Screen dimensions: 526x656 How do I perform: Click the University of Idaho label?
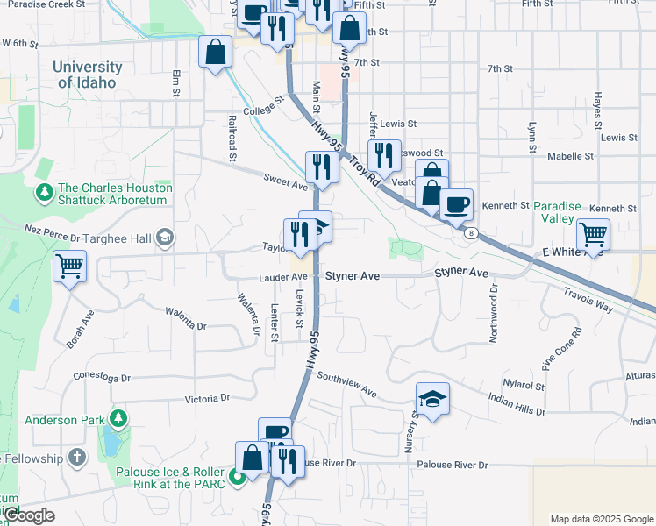pyautogui.click(x=87, y=75)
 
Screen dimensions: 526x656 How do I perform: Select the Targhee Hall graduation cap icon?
pyautogui.click(x=164, y=238)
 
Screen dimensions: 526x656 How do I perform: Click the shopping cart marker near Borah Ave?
pyautogui.click(x=69, y=266)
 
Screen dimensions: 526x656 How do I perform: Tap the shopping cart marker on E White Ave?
pyautogui.click(x=594, y=235)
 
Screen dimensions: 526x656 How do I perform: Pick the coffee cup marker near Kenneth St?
pyautogui.click(x=456, y=205)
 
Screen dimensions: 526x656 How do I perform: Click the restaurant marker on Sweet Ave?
pyautogui.click(x=322, y=167)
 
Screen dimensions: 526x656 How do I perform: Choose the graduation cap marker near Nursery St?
pyautogui.click(x=432, y=400)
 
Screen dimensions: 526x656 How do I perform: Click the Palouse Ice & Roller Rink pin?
pyautogui.click(x=236, y=479)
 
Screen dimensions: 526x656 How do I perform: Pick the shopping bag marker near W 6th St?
pyautogui.click(x=215, y=52)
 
